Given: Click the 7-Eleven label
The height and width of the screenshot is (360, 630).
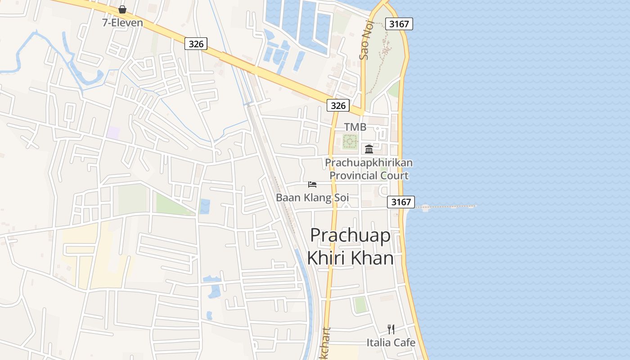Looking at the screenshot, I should coord(122,22).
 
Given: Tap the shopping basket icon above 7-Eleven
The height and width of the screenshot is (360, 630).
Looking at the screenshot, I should coord(122,9).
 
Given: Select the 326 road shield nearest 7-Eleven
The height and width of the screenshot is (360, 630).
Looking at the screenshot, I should coord(196,44).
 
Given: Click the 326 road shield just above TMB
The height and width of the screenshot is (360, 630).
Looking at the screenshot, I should coord(338,105).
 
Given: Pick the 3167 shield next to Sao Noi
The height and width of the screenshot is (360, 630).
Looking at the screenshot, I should coord(399,24).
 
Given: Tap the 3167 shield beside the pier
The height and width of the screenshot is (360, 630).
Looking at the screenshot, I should coord(401,202).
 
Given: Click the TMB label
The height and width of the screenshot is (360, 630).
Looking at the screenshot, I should coord(355,127).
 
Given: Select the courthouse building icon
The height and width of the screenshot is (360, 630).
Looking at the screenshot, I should coord(369,148).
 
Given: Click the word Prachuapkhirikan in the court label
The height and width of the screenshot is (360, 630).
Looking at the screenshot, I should coord(369,162).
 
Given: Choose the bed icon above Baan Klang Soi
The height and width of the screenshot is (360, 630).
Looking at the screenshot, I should coord(312,184).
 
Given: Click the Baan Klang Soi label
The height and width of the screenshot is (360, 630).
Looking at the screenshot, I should coord(312,198).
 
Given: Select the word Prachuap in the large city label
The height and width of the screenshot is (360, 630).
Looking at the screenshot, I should coord(350,235).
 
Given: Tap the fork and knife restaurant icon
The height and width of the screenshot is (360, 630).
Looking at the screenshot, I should coord(391,329).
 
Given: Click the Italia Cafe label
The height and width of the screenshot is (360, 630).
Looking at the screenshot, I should coord(391,342).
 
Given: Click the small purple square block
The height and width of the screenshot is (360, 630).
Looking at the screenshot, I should coord(113,133).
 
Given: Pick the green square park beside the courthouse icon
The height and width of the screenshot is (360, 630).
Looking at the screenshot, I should coord(350,142).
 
